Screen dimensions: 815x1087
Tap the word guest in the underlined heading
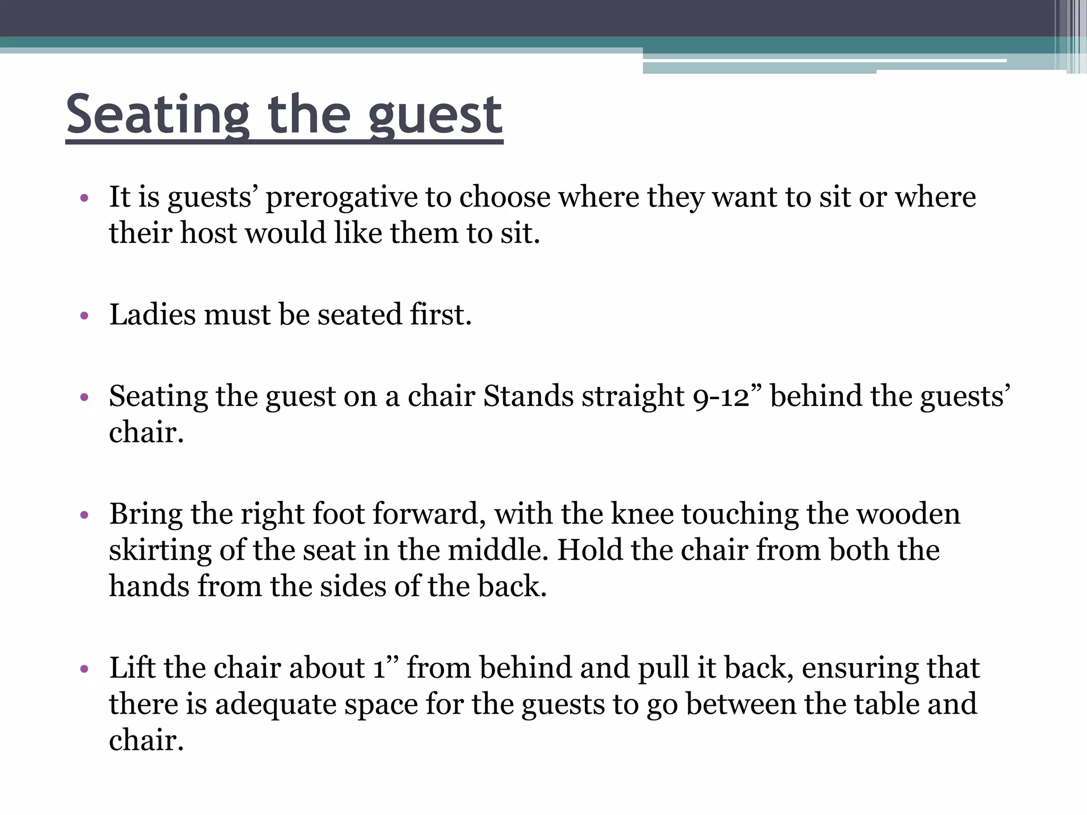click(x=435, y=115)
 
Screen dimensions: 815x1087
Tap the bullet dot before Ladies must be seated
click(x=84, y=316)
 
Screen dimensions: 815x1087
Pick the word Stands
click(x=528, y=396)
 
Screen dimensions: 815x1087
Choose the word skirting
click(x=160, y=551)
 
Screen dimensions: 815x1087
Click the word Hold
click(x=590, y=550)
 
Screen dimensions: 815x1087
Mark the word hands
click(x=149, y=586)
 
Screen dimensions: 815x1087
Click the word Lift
click(x=132, y=668)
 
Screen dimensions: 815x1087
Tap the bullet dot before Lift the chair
click(x=84, y=670)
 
